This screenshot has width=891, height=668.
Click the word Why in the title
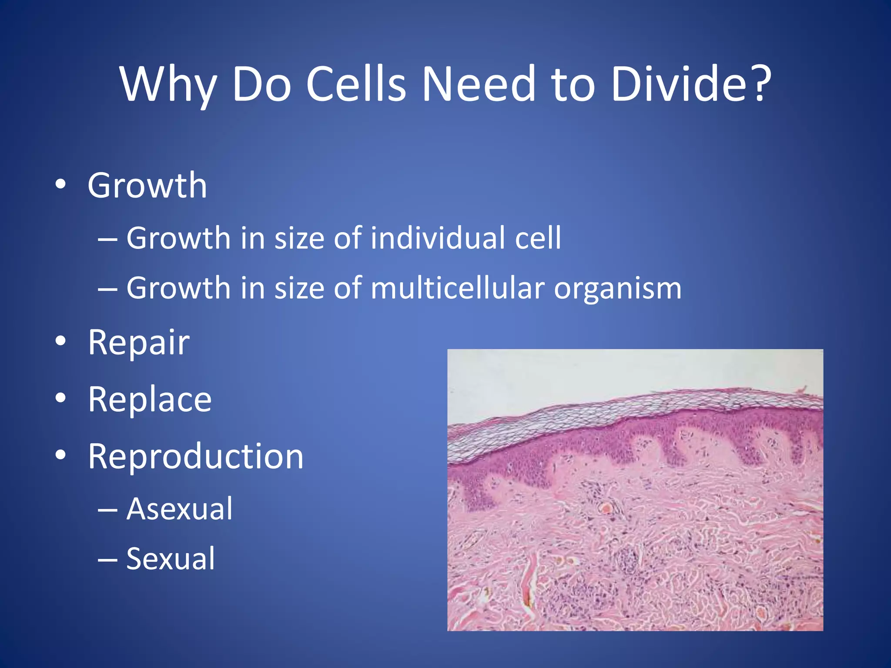click(x=168, y=84)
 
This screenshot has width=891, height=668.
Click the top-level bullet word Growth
click(x=147, y=186)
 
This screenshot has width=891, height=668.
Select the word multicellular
click(x=457, y=288)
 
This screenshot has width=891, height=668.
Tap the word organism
click(x=617, y=289)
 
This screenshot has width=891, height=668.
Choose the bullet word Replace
click(x=150, y=399)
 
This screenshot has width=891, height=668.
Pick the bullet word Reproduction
click(x=195, y=457)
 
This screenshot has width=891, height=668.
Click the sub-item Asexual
click(x=179, y=509)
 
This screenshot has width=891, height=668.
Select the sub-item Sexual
click(x=171, y=559)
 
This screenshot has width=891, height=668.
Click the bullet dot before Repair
click(x=61, y=341)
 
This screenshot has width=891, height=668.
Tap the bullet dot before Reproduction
click(x=61, y=455)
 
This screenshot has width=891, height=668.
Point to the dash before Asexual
click(x=107, y=510)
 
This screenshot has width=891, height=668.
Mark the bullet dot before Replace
click(x=61, y=398)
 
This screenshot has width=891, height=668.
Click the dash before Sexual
click(x=107, y=560)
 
